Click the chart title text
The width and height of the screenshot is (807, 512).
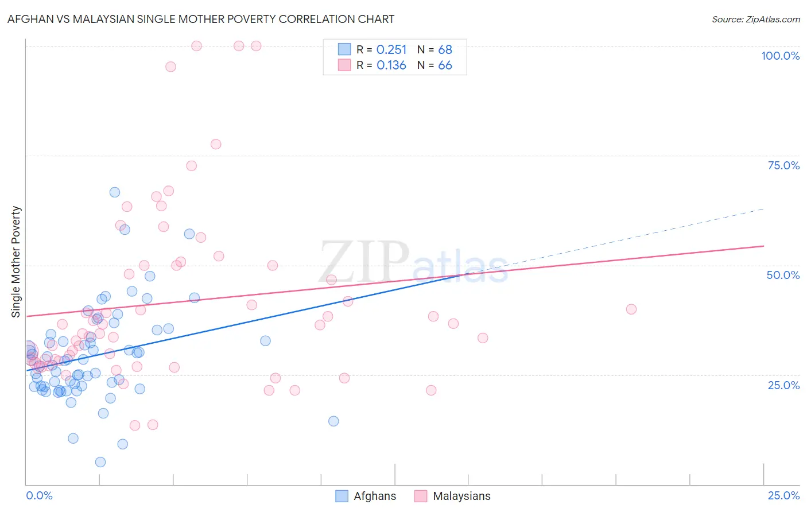pos(201,19)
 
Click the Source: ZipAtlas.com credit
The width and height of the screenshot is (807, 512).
pos(755,20)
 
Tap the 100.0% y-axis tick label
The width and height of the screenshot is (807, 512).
pos(780,56)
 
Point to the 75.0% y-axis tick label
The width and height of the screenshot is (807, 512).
pos(783,165)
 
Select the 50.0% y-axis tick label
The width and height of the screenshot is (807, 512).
pos(783,275)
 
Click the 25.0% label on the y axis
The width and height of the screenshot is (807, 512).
pos(783,385)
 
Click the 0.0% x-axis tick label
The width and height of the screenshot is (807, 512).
pos(39,495)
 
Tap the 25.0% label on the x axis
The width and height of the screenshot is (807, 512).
pos(783,495)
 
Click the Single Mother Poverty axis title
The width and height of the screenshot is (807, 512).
pos(16,262)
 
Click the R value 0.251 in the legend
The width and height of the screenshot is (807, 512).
pos(391,50)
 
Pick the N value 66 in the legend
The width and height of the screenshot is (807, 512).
pos(445,65)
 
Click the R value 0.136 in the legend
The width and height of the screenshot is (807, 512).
pos(391,65)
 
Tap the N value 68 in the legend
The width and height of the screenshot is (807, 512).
pos(445,50)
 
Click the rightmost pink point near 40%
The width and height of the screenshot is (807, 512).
pos(631,309)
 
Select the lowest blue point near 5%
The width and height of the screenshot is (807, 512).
pos(100,462)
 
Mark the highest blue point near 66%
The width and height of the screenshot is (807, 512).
pos(115,192)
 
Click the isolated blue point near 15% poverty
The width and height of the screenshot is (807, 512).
pos(333,421)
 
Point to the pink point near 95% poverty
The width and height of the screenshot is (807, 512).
pos(170,67)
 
